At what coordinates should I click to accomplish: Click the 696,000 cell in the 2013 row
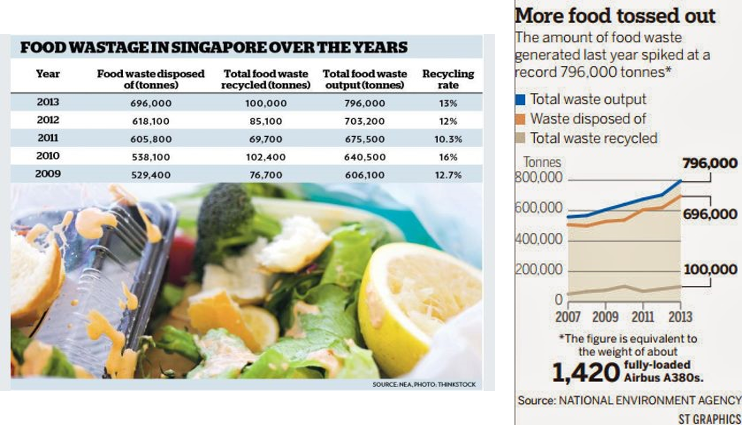point(151,103)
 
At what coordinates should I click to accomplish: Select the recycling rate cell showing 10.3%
point(448,139)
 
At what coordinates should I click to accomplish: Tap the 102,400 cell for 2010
point(266,157)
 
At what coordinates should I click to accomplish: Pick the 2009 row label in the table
point(48,174)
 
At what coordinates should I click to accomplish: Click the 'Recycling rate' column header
point(448,79)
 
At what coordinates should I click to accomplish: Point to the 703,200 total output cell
point(365,121)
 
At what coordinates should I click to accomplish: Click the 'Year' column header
point(48,74)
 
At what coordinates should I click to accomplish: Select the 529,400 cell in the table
point(151,175)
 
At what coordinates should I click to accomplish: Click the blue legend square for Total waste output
point(520,100)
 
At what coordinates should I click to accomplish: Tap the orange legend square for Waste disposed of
point(520,119)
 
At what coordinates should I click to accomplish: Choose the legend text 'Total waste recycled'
point(594,139)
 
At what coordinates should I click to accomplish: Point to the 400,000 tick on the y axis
point(539,239)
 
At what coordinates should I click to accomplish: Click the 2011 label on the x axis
point(642,317)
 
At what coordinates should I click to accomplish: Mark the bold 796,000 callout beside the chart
point(710,163)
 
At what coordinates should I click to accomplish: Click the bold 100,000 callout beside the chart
point(710,269)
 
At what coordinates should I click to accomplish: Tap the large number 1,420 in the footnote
point(585,372)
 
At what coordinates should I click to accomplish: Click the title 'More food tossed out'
point(614,16)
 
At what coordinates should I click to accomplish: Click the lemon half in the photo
point(415,299)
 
